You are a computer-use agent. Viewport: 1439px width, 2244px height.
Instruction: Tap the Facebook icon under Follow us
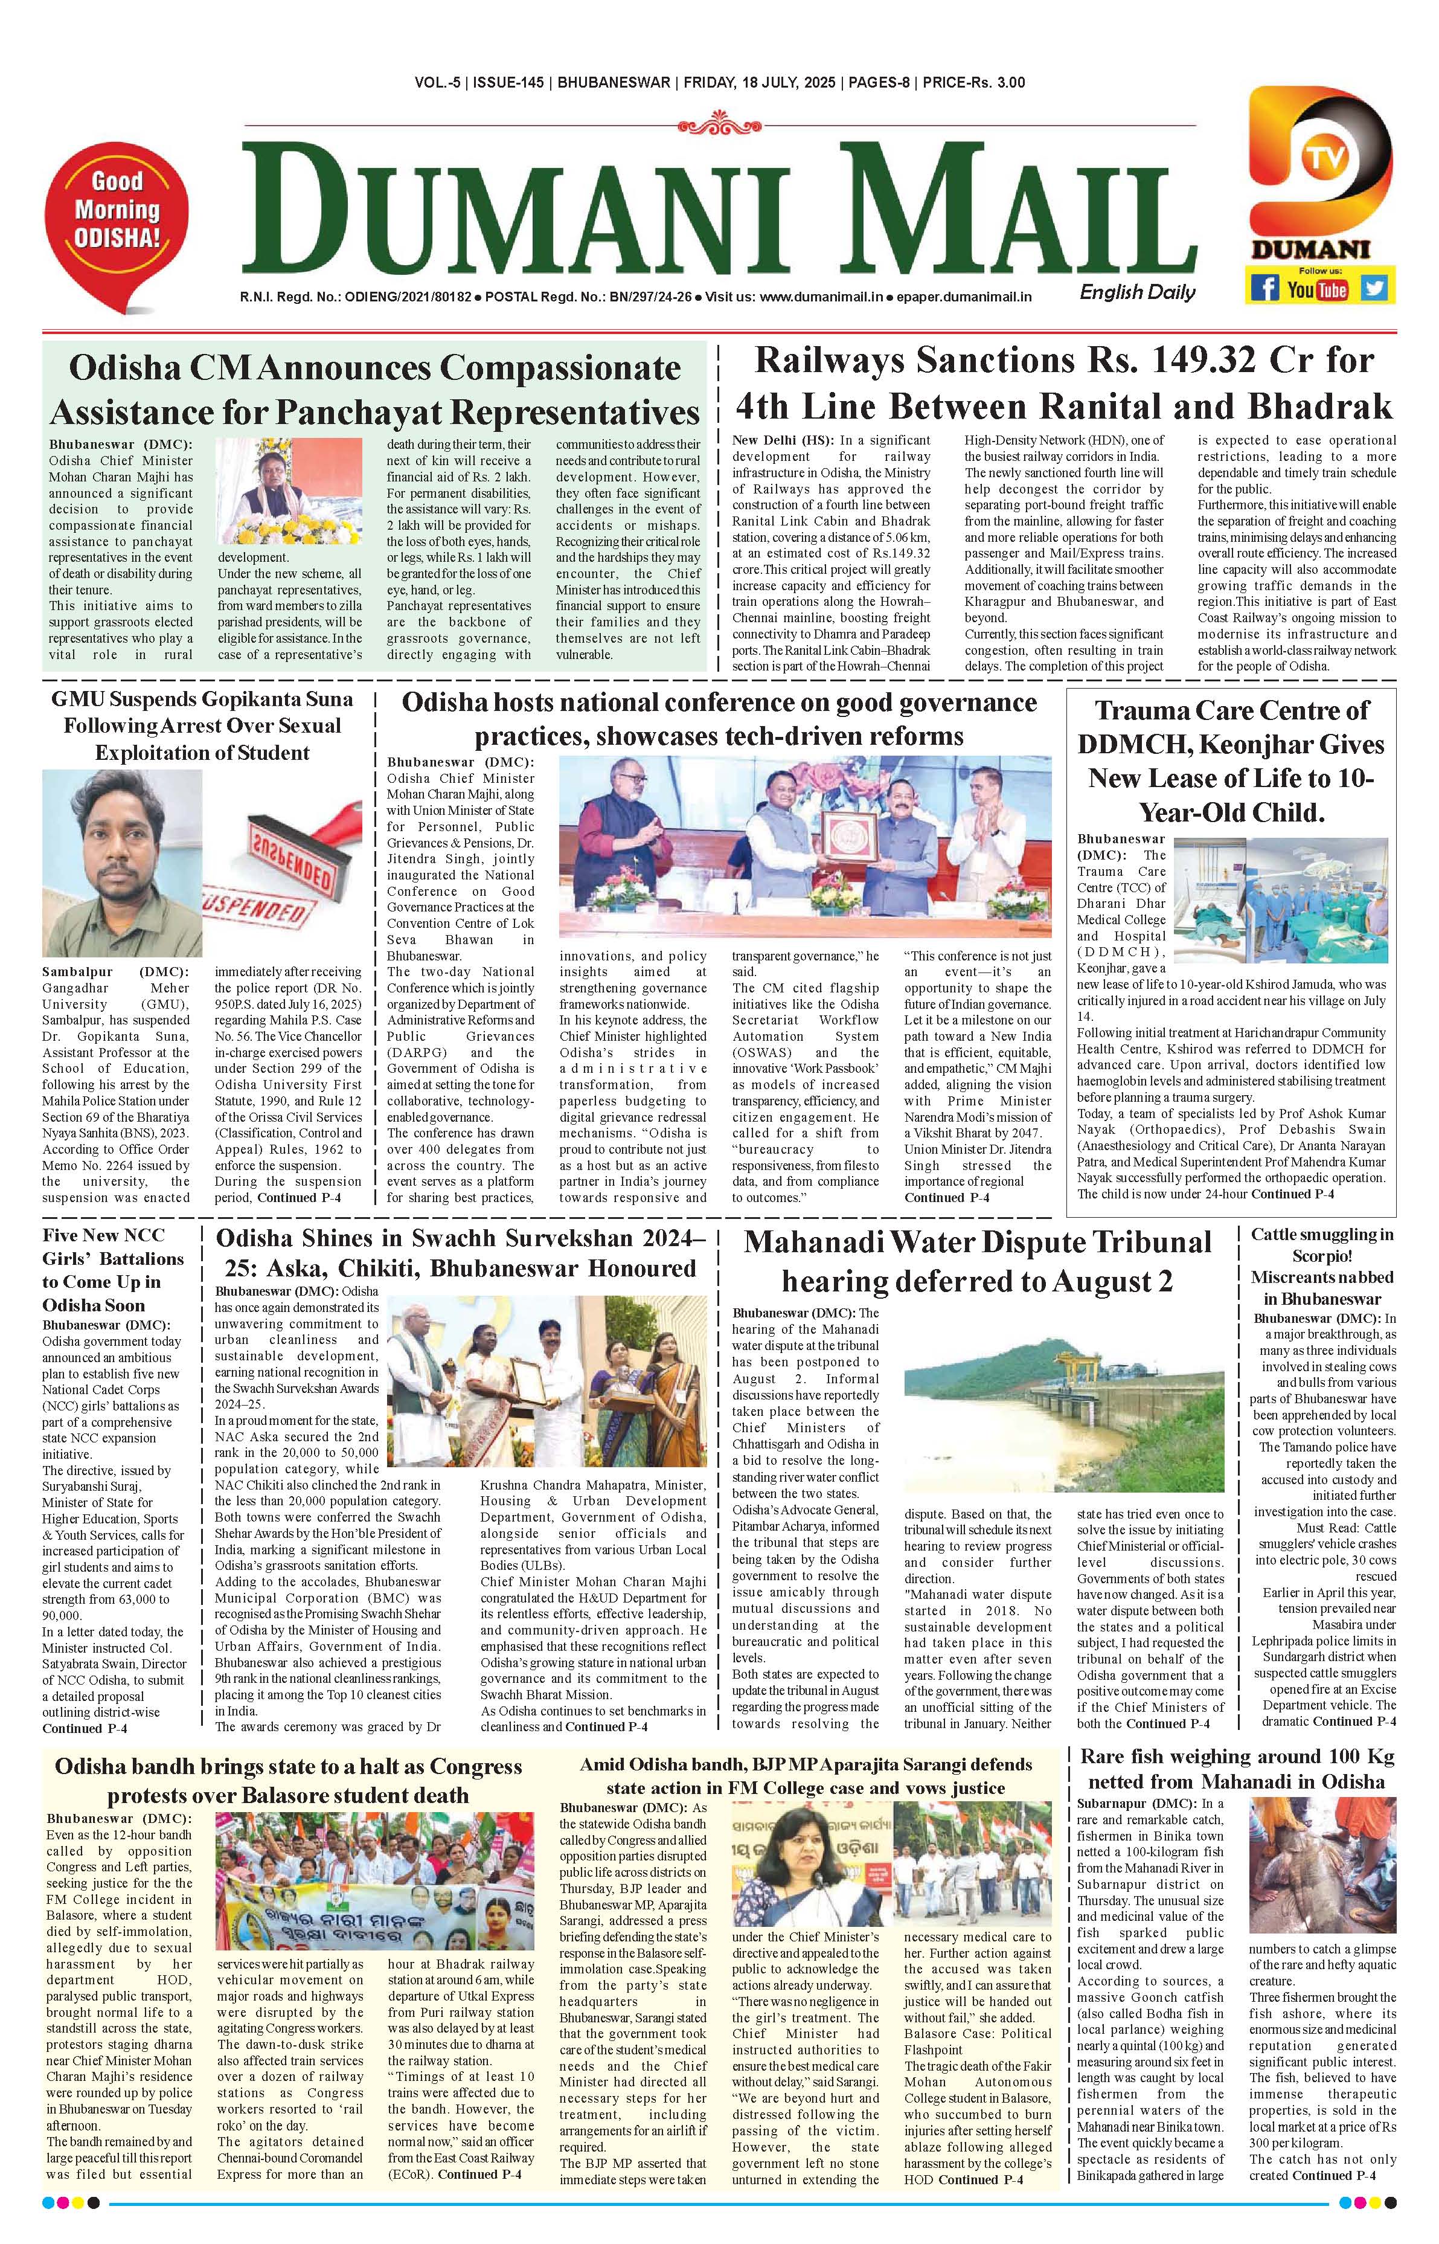pos(1265,287)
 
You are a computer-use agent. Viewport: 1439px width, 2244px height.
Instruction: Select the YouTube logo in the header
pos(1318,289)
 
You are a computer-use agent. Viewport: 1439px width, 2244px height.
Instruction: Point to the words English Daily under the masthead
pos(1137,292)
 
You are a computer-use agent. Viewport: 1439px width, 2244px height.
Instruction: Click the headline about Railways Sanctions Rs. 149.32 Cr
pos(1064,383)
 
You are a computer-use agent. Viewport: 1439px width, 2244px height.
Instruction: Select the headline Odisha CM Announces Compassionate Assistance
pos(375,390)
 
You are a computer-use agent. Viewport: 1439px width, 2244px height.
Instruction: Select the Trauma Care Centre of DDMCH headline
pos(1231,760)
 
